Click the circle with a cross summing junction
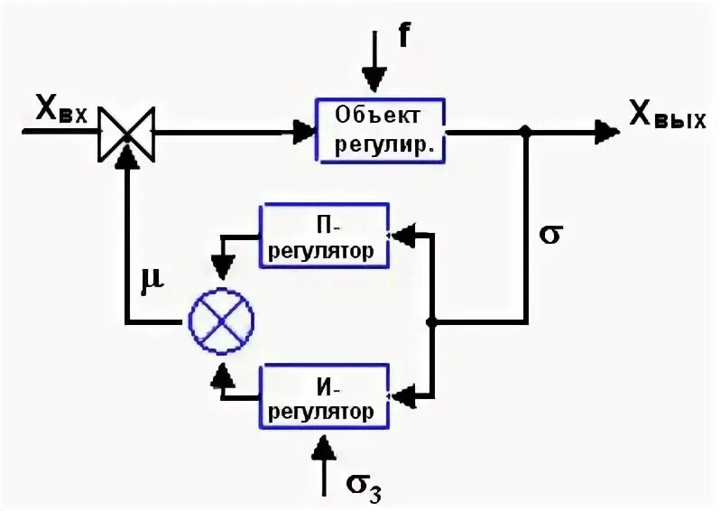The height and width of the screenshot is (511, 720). (x=220, y=321)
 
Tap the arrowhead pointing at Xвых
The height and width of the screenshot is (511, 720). (x=607, y=132)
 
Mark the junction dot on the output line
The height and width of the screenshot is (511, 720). (x=527, y=132)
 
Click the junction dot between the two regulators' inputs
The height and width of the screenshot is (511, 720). (x=432, y=321)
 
